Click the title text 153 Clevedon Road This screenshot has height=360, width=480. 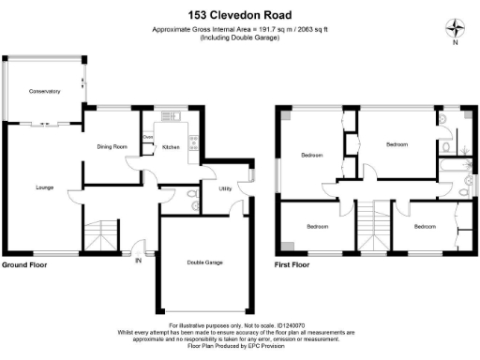click(x=239, y=15)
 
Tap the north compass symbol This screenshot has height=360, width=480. click(x=457, y=29)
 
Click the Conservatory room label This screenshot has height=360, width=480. click(x=43, y=91)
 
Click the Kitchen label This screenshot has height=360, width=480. click(x=172, y=147)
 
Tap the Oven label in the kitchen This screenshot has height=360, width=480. click(x=147, y=138)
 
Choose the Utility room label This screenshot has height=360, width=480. click(x=225, y=188)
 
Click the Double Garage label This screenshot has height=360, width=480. click(x=204, y=263)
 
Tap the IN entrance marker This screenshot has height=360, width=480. click(x=139, y=260)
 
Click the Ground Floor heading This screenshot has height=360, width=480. click(x=25, y=265)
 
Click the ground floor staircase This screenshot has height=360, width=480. click(x=100, y=235)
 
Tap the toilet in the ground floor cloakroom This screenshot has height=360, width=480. click(x=192, y=194)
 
